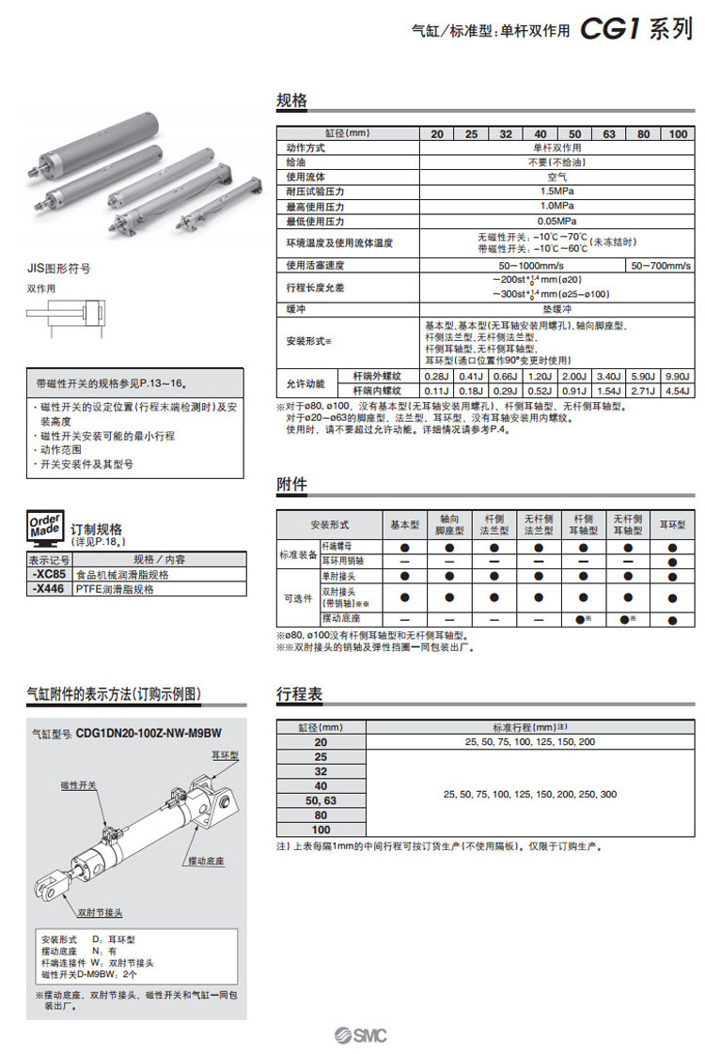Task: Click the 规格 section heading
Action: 291,101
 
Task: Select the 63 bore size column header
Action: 609,134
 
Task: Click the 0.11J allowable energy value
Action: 437,390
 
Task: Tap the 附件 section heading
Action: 291,485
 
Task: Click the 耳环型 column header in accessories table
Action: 672,524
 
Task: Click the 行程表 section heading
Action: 299,694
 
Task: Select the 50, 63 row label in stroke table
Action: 321,800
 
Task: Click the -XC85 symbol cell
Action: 48,574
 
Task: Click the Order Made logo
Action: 45,528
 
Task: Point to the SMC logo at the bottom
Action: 360,1035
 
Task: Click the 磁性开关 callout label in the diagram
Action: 78,784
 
